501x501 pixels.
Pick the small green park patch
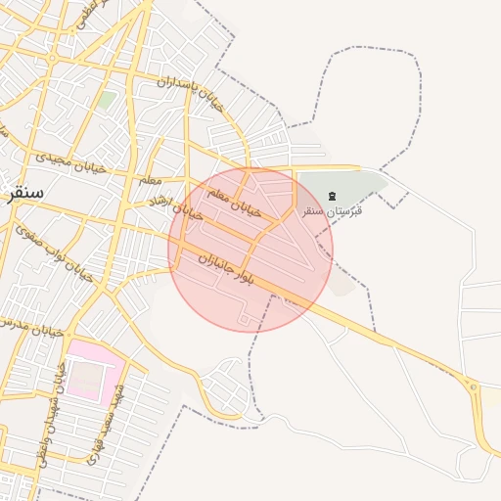click(x=106, y=100)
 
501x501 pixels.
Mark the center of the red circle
click(x=250, y=250)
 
